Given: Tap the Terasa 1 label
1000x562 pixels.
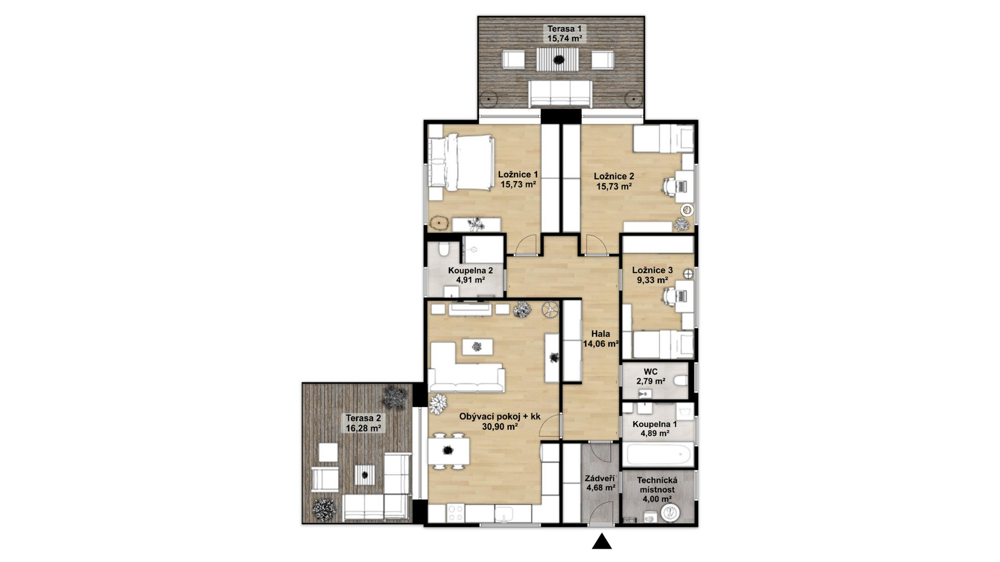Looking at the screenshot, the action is (564, 29).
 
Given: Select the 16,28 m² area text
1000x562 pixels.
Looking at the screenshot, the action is (363, 428).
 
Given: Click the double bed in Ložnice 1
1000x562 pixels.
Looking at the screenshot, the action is (461, 162).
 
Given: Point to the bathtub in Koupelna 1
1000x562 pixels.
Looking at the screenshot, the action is (658, 454).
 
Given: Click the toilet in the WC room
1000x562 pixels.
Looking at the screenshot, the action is (680, 381).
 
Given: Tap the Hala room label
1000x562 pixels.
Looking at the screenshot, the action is (601, 334).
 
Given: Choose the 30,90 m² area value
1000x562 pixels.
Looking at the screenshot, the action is (499, 427).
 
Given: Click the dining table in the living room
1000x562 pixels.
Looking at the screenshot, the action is (448, 451).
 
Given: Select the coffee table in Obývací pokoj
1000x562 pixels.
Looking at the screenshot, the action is (477, 347).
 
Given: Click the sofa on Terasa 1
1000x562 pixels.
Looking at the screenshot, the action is (560, 94).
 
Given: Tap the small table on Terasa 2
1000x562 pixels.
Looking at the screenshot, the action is (365, 475).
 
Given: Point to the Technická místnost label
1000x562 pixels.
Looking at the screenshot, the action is (657, 485).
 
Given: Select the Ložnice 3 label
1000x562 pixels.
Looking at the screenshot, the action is (652, 270).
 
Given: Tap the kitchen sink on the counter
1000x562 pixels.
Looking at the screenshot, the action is (504, 514).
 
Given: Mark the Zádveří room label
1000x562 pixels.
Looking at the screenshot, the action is (600, 478).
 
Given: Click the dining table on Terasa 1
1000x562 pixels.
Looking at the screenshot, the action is (558, 60).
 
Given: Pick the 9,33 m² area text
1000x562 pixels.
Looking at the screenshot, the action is (652, 280).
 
